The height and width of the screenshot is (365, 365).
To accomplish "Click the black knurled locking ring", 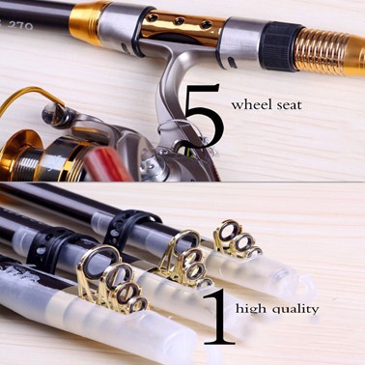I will pos(281,44).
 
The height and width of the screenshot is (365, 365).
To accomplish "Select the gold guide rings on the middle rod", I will pos(183,259).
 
